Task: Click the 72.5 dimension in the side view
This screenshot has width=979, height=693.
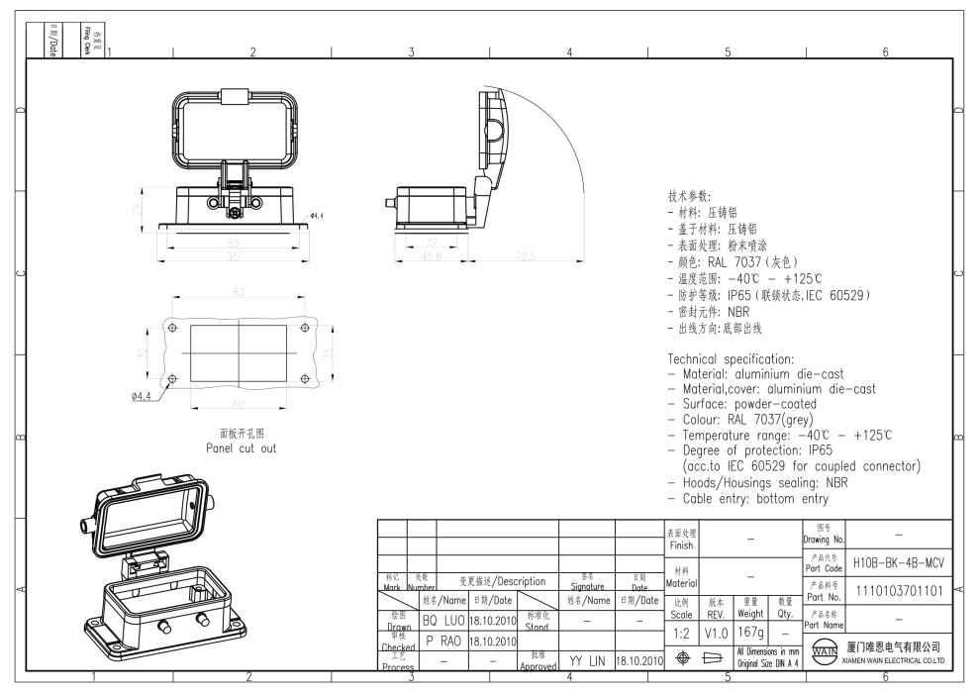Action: coord(526,256)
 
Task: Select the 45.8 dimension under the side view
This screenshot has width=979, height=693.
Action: coord(431,256)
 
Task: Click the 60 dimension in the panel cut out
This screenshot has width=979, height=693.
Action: coord(239,402)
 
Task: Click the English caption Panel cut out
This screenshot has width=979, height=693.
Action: coord(242,447)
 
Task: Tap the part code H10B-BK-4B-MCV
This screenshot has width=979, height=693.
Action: coord(898,561)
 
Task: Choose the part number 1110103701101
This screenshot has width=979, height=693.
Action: coord(898,590)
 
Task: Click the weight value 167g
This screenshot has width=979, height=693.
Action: coord(750,631)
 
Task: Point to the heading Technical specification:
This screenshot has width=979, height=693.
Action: coord(731,358)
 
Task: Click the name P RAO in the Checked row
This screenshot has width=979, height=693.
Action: coord(442,640)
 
